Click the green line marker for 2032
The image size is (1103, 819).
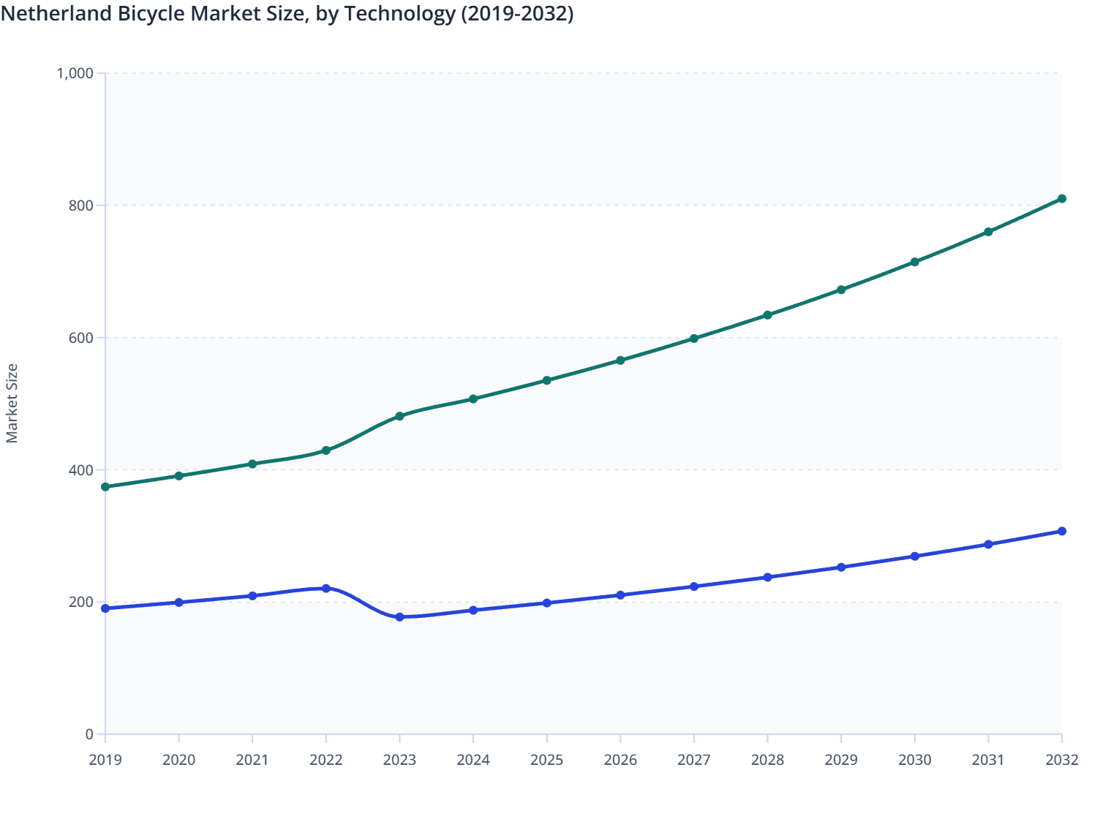1061,199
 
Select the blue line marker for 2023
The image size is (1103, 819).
399,617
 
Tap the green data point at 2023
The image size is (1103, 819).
399,416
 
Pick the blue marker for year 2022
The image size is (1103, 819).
326,589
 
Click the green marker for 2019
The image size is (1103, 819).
105,487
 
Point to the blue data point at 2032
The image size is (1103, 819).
1061,532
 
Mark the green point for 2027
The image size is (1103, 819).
693,339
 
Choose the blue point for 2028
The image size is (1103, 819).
767,578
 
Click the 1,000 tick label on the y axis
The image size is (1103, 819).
75,73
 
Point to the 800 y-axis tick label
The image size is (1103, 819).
81,205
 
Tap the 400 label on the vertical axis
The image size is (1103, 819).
81,470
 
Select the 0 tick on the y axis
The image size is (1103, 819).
89,734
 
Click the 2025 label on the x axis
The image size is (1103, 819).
546,760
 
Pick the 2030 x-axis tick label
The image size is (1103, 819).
914,760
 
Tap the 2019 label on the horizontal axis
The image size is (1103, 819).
105,760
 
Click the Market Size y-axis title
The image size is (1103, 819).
12,404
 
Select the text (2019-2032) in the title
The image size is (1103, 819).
517,14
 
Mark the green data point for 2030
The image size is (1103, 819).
914,262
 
